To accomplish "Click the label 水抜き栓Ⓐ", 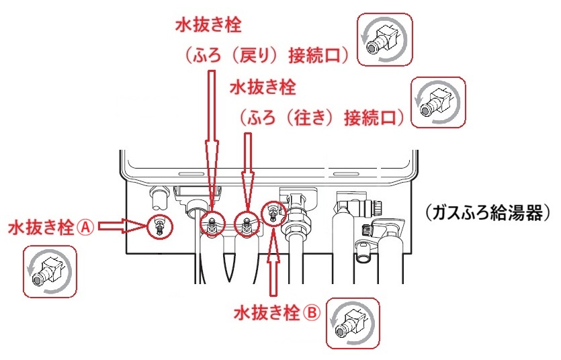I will pos(50,228).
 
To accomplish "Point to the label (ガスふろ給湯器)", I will pos(488,214).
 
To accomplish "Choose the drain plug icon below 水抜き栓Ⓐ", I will pos(50,271).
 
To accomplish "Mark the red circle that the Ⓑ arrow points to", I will pos(273,214).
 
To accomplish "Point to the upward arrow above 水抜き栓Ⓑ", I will pos(273,263).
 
